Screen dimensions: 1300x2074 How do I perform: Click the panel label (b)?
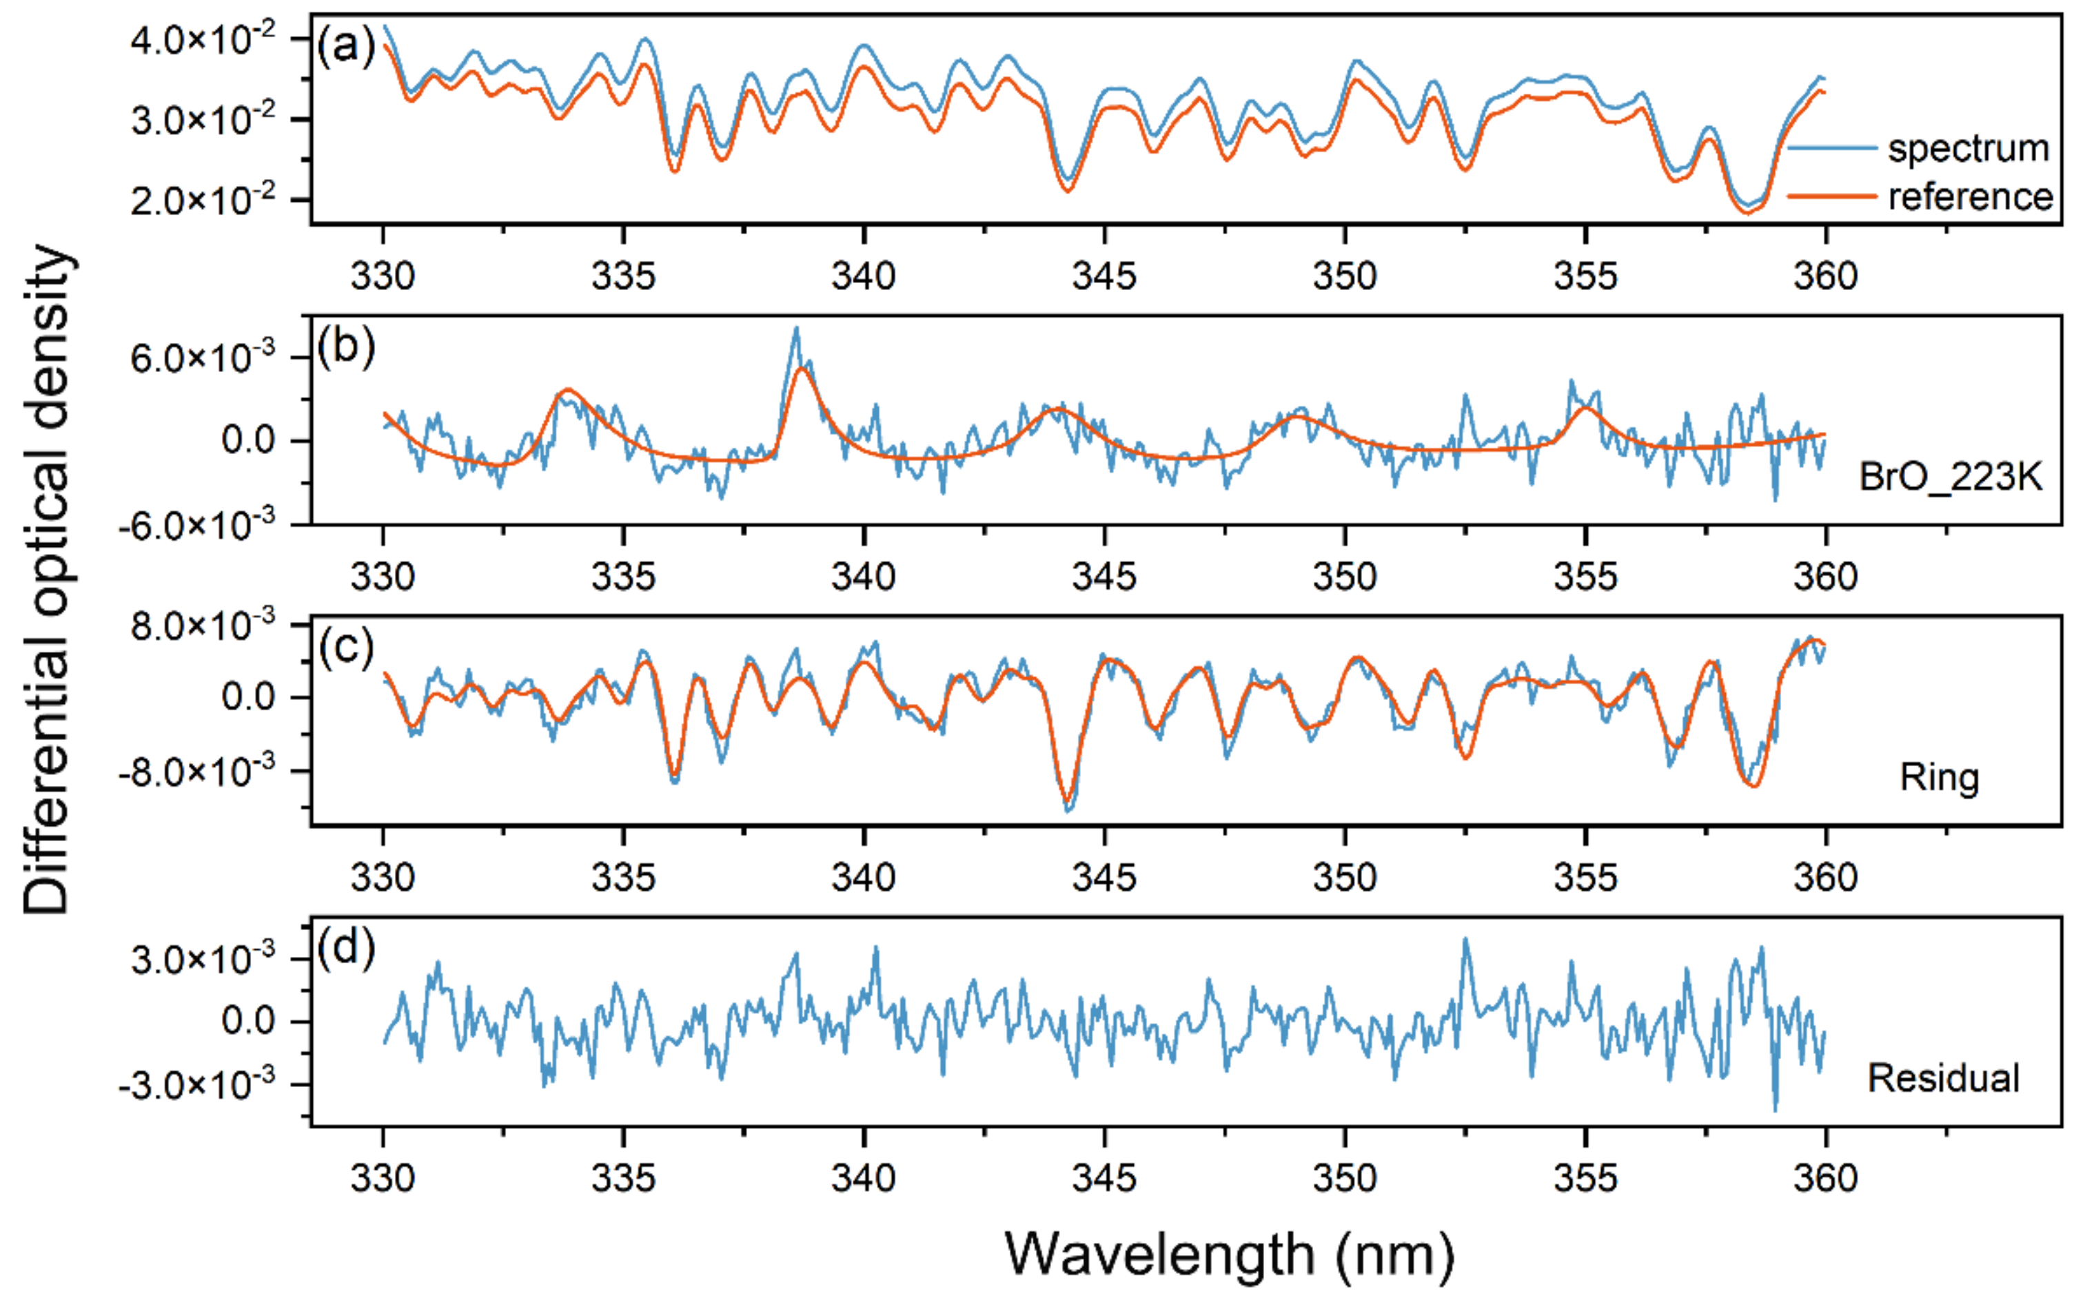(345, 347)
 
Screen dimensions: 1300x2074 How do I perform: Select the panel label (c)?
(345, 647)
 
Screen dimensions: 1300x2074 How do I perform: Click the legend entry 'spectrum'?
(1966, 149)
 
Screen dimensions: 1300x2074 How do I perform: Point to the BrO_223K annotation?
(1949, 476)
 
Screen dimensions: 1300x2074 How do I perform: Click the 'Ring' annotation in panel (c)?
(1939, 777)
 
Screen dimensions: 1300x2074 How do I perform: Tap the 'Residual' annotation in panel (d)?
(1942, 1078)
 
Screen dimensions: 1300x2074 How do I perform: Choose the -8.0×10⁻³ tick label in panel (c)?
(197, 771)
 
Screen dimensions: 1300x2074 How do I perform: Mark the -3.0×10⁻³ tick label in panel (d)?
(197, 1085)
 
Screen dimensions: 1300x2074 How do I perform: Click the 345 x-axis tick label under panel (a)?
(1104, 276)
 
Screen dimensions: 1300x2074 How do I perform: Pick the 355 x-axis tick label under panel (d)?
(1585, 1178)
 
